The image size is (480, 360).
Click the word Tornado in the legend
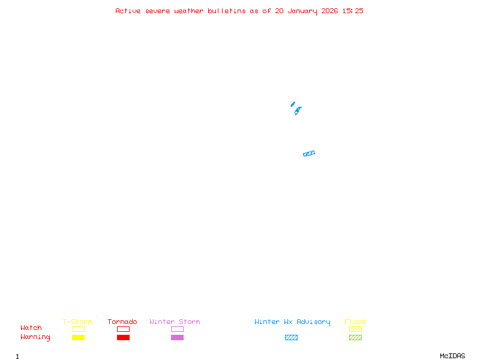(122, 322)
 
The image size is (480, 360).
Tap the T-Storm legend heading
(77, 322)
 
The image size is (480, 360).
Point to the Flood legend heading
(355, 322)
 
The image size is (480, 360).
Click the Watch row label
(31, 328)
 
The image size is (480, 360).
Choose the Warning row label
(35, 337)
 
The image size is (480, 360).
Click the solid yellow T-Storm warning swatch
(78, 338)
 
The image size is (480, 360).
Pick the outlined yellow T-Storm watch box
(78, 329)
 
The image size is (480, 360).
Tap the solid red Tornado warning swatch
(123, 338)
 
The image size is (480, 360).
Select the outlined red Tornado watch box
(123, 329)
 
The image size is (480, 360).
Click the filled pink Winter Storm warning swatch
(177, 338)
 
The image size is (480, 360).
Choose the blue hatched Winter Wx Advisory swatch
(291, 338)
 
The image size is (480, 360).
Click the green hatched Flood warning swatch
(355, 338)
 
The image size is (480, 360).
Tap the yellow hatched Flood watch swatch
(355, 329)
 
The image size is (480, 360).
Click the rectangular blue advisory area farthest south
(309, 154)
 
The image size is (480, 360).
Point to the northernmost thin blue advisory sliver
(293, 104)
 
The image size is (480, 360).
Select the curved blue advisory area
(298, 110)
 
